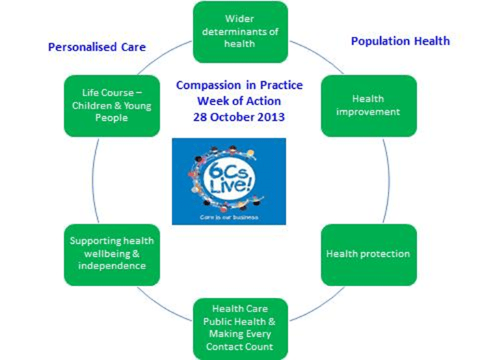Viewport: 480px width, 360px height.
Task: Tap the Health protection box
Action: pyautogui.click(x=368, y=254)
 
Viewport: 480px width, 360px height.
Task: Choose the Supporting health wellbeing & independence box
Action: pyautogui.click(x=111, y=253)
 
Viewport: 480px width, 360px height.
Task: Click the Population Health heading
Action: pyautogui.click(x=400, y=41)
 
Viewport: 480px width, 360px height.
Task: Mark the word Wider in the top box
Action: pyautogui.click(x=239, y=18)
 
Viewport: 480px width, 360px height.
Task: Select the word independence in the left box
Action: pyautogui.click(x=111, y=266)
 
